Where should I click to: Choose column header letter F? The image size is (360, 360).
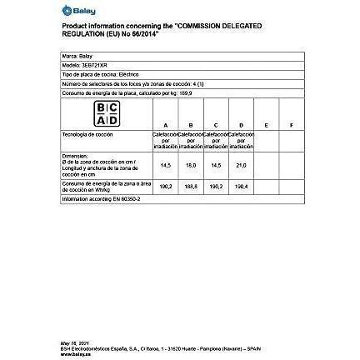[x=291, y=126]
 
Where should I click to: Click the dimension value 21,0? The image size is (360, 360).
[x=241, y=164]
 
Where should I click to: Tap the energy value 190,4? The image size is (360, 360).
[x=241, y=187]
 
